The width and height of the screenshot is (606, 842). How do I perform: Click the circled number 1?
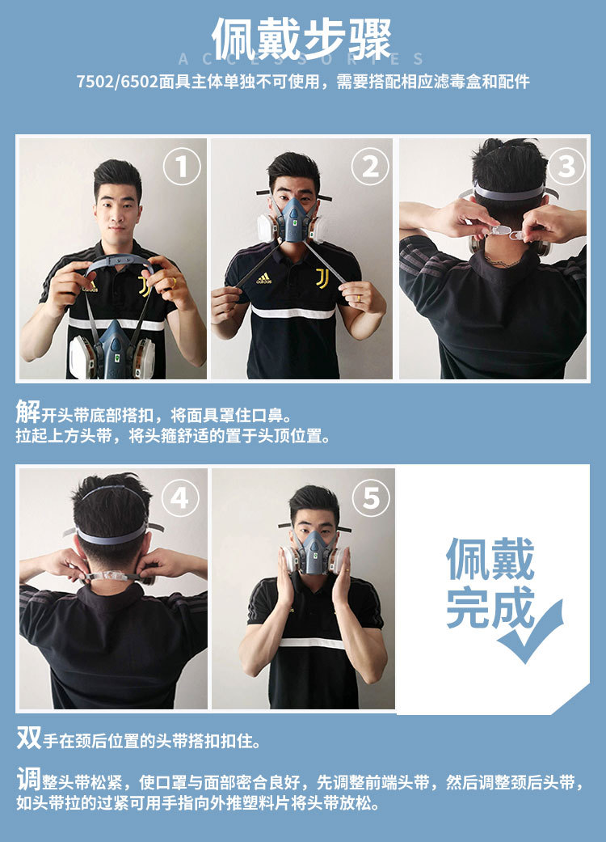click(182, 167)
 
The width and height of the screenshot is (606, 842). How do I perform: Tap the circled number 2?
click(370, 167)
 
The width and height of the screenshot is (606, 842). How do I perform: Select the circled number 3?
click(566, 167)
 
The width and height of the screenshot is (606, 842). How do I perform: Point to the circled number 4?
click(180, 498)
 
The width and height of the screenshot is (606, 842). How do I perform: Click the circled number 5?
click(371, 498)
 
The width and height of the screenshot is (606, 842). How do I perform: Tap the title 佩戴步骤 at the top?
click(302, 39)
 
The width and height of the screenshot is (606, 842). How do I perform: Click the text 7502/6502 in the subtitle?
click(117, 82)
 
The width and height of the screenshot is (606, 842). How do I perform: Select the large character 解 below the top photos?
click(28, 412)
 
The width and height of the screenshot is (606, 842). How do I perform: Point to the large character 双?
click(28, 738)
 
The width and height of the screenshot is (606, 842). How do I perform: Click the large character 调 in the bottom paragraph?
click(28, 779)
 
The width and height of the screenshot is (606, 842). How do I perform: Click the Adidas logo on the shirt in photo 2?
click(263, 278)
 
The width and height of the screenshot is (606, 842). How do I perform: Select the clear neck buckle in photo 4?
click(112, 577)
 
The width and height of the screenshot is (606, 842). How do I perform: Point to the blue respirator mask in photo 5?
click(314, 553)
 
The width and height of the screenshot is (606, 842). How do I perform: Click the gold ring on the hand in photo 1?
click(174, 281)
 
